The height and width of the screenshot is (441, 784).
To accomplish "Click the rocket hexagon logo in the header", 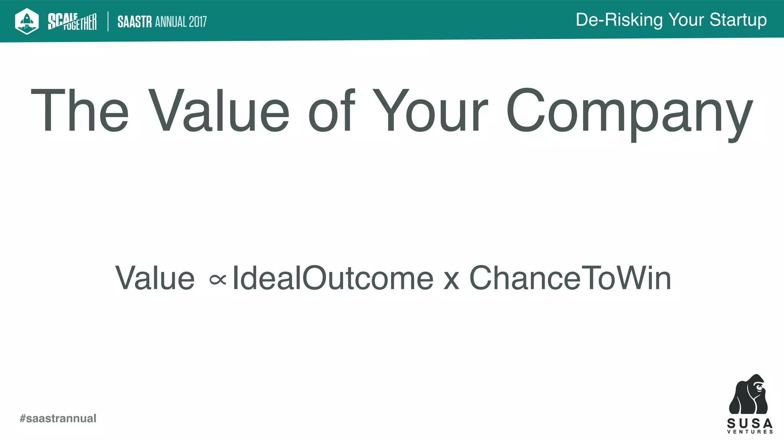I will point(27,21).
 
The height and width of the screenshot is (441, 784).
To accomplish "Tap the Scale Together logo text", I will point(72,21).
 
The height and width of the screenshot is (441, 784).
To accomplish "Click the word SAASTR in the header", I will point(134,22).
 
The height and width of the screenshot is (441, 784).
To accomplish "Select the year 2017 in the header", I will point(198,22).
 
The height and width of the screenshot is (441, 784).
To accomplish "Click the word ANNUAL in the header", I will point(170,22).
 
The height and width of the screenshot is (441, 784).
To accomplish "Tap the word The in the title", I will point(80,111).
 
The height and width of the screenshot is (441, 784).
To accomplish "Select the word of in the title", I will point(332,111).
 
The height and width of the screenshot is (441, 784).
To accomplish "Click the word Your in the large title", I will point(430,111).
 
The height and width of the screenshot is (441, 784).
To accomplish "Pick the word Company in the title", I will point(629,113).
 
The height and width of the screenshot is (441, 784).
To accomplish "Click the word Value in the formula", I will point(155,278).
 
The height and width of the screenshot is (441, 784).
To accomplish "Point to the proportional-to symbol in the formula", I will point(218,280).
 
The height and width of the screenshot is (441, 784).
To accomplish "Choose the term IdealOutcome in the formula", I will point(333,278).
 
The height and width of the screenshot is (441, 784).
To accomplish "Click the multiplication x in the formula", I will point(451,281).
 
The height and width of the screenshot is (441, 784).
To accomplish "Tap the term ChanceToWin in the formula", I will point(570,278).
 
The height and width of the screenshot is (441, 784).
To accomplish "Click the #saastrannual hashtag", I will point(58,418).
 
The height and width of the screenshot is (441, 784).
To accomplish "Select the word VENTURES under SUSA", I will point(750,432).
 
